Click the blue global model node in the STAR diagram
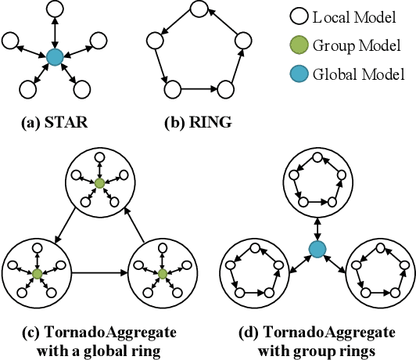point(55,56)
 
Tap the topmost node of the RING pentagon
point(199,10)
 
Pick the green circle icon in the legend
point(300,46)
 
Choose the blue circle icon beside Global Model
point(300,75)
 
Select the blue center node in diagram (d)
point(317,250)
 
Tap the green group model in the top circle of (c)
point(99,183)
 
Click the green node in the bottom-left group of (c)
point(37,274)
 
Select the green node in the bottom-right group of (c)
point(162,274)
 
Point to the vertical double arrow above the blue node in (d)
point(317,228)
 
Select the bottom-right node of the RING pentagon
point(228,87)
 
